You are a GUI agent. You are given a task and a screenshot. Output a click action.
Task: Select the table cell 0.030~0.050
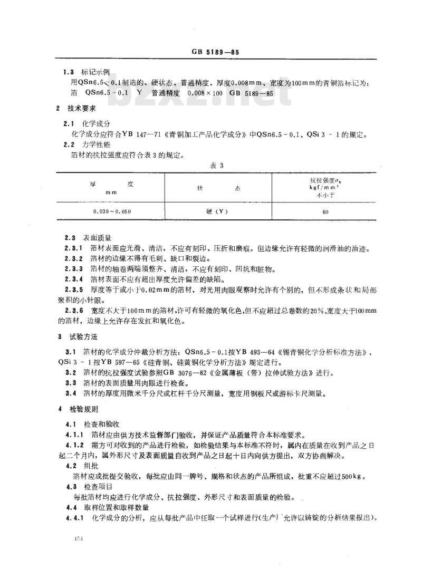pos(111,211)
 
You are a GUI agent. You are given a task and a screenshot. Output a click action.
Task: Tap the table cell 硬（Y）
pos(217,211)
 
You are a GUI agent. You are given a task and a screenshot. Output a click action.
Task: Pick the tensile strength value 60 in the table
pos(324,211)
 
